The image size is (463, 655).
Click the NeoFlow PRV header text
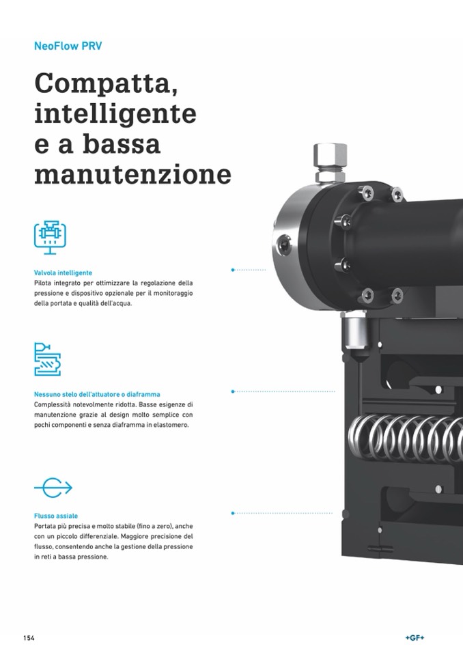68,46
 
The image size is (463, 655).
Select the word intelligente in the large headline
115,113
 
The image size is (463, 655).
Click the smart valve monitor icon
50,237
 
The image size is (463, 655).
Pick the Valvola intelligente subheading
63,273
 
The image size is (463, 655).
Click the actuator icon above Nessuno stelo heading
47,359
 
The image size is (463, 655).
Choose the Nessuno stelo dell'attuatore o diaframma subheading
97,394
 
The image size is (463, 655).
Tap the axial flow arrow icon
53,488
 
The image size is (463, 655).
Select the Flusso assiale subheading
56,516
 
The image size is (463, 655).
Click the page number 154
29,638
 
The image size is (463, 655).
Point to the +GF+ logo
415,638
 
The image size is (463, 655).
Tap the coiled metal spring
406,437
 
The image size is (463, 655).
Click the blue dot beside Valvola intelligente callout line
233,270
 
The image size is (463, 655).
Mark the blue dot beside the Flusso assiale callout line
233,513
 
